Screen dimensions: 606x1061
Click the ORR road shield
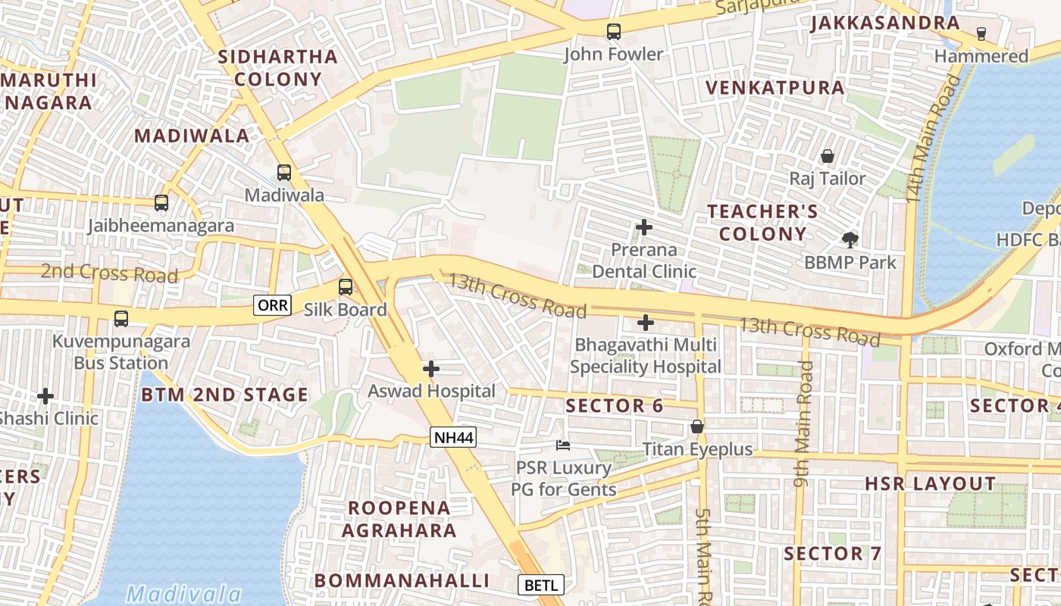[x=273, y=305]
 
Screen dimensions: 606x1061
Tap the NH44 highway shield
[x=453, y=436]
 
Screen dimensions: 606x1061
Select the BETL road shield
[x=541, y=585]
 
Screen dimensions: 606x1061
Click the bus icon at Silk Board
[x=346, y=287]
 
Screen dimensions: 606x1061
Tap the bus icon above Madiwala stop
[x=284, y=173]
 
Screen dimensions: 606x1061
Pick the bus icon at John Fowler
[x=613, y=32]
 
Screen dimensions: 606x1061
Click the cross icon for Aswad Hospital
[x=430, y=369]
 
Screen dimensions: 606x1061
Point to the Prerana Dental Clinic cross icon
[x=644, y=227]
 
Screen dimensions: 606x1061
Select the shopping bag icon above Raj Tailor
[x=828, y=156]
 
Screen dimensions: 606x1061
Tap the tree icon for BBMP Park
[x=850, y=240]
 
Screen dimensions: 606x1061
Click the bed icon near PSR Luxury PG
[x=562, y=445]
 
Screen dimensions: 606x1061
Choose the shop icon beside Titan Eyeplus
[x=697, y=427]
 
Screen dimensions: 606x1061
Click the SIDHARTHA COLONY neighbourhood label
[x=277, y=67]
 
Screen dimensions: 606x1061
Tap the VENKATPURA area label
[x=775, y=88]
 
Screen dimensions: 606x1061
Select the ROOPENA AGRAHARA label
[x=399, y=519]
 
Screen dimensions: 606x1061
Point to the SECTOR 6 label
[x=614, y=406]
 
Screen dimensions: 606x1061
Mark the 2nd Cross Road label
[x=109, y=273]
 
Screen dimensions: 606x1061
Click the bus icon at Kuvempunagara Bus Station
[x=121, y=319]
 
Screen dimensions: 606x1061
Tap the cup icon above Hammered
[x=981, y=33]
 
